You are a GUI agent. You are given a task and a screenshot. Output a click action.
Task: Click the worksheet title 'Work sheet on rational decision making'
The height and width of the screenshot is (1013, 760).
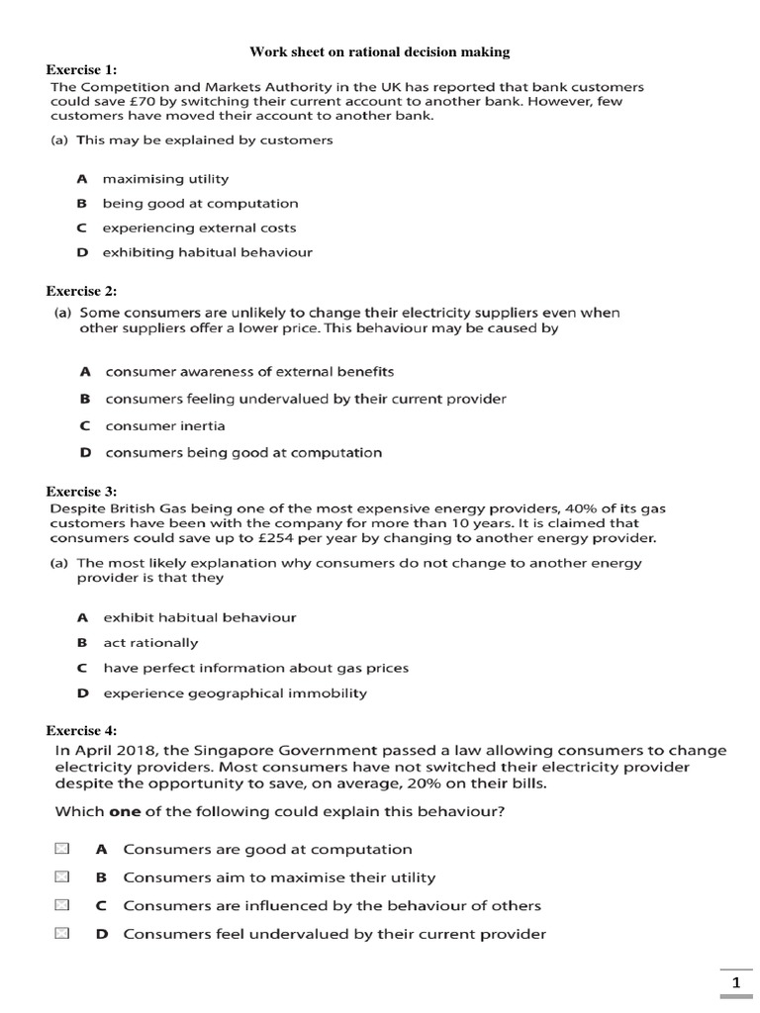coord(379,51)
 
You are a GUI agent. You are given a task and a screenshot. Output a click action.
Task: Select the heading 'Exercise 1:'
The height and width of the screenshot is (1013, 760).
coord(82,69)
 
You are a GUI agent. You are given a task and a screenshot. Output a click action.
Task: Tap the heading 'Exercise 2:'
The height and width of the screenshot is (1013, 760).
coord(82,291)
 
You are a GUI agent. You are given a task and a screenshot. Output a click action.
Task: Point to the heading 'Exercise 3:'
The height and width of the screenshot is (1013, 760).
coord(82,491)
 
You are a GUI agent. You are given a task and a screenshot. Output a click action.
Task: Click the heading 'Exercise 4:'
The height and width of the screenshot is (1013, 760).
coord(82,730)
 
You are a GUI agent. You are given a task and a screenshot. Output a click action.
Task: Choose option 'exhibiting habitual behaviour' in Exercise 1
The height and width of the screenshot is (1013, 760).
coord(207,252)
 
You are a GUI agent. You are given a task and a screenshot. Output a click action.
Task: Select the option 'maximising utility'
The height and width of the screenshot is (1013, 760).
coord(165,179)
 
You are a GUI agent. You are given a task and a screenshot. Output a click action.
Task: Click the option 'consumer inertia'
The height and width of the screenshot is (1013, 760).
coord(165,426)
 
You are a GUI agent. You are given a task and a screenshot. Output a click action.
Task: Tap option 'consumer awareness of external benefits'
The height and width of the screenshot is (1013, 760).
coord(249,372)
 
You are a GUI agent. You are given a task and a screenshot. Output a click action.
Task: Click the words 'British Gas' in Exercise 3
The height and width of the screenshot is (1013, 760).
coord(135,508)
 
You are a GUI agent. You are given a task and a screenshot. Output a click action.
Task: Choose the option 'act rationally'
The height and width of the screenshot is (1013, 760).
coord(150,643)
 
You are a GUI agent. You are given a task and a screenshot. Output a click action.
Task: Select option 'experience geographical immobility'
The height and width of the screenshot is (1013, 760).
coord(235,693)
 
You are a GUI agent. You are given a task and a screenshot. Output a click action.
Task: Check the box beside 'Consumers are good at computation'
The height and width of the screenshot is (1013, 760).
coord(62,849)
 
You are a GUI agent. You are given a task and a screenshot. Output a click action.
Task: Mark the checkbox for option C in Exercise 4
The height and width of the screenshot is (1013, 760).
coord(62,905)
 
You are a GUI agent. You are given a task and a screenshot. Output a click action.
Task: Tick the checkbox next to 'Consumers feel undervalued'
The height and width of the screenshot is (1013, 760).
coord(62,934)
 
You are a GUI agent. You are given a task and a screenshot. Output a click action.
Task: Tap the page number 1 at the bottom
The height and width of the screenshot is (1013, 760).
coord(735,982)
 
